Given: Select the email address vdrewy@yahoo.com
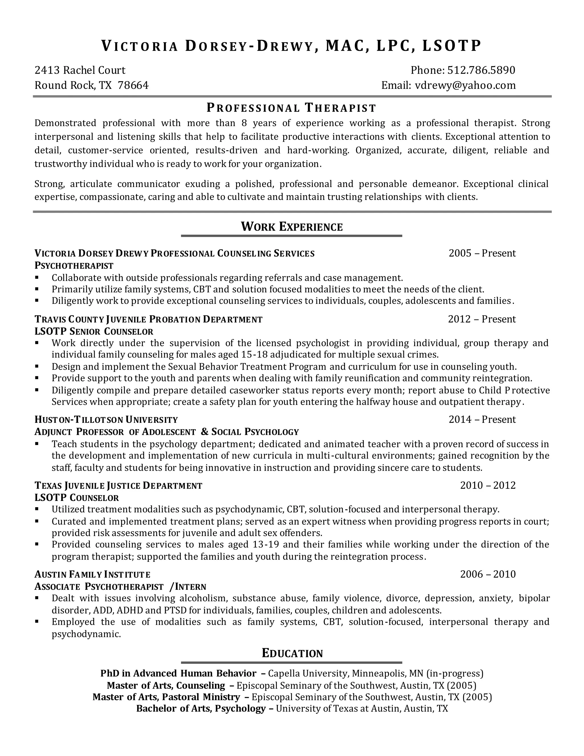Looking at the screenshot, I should tap(465, 85).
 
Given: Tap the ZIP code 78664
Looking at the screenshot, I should tap(133, 85).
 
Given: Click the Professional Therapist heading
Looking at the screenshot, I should tap(291, 108).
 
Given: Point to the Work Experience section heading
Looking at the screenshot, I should tap(292, 227).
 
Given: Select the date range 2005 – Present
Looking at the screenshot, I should tap(482, 253).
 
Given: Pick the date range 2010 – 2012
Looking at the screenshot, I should tap(487, 485).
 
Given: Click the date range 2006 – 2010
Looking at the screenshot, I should tap(487, 574).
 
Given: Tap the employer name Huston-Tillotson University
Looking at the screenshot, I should tap(106, 420).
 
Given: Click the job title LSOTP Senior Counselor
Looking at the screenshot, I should tap(94, 331).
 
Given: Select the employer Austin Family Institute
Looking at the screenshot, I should tap(92, 575).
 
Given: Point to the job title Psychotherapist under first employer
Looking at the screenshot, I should tap(74, 266).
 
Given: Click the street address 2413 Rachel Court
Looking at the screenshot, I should tap(80, 70).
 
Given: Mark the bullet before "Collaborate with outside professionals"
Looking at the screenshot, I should tap(37, 278).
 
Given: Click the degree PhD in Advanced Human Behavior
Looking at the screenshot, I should tap(178, 673).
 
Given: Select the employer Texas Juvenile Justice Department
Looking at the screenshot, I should tap(118, 486).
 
